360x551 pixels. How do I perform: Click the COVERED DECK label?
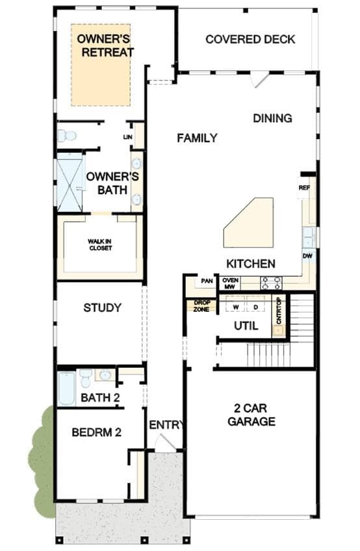[250, 40]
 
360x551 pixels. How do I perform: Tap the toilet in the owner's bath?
[66, 135]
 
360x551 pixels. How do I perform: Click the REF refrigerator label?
[304, 188]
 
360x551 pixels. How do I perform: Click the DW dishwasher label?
[307, 256]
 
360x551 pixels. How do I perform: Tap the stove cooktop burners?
[271, 283]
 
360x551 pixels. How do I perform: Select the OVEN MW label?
[230, 283]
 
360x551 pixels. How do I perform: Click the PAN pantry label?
[207, 281]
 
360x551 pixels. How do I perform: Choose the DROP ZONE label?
[201, 306]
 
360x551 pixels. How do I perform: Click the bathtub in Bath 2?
[66, 389]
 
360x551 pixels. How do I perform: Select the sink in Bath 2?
[105, 375]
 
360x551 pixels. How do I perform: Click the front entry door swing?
[164, 441]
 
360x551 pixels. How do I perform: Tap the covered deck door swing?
[259, 79]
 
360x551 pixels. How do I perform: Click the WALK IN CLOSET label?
[100, 244]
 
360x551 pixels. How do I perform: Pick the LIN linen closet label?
[127, 136]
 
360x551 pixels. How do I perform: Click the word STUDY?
[102, 308]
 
